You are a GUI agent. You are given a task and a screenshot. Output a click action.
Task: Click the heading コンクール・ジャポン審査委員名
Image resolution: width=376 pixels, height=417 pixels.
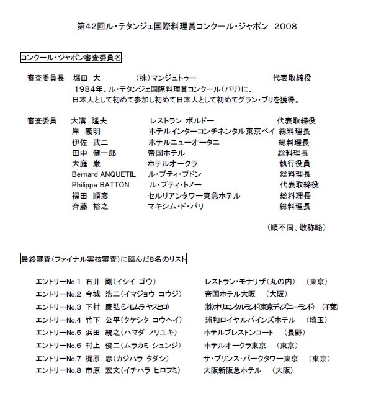71,56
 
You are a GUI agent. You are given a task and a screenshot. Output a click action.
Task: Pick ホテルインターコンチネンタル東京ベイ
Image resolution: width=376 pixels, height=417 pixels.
210,132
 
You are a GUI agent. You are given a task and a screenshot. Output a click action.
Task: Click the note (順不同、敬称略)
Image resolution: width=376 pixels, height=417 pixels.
295,228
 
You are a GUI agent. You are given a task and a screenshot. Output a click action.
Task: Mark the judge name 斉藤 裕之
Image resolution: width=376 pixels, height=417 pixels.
90,206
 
